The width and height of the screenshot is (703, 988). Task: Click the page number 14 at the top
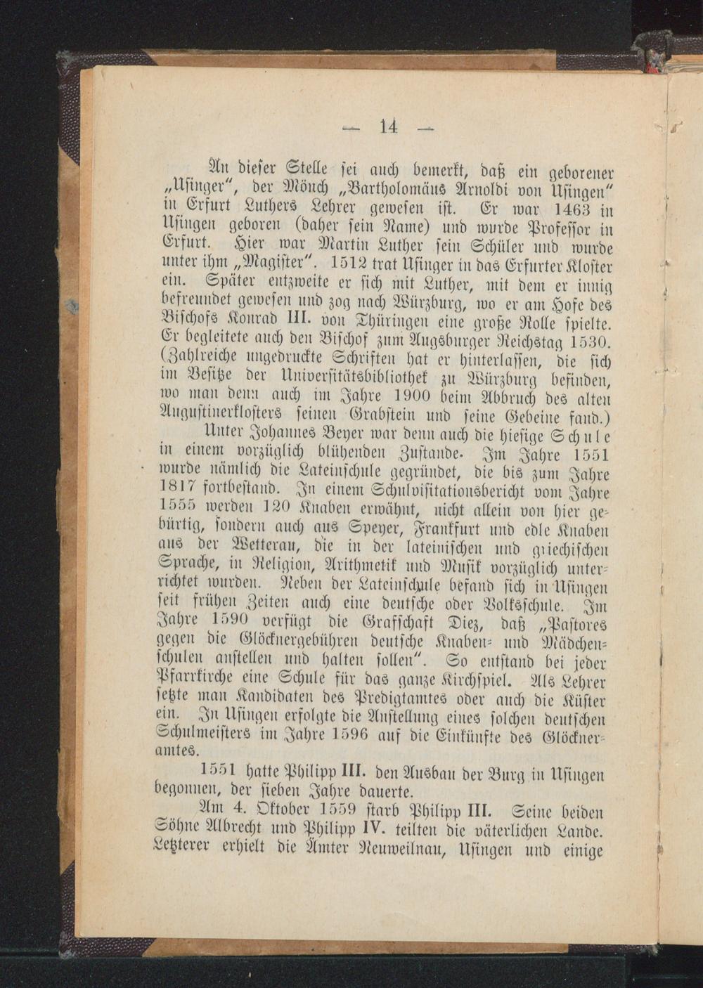pyautogui.click(x=389, y=126)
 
